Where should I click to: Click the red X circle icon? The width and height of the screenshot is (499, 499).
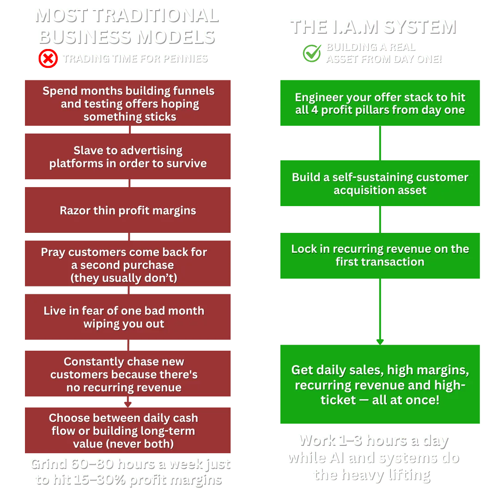pos(48,59)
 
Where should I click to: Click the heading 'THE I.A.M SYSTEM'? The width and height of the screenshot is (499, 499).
pos(372,26)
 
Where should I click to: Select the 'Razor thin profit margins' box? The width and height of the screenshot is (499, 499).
pos(128,211)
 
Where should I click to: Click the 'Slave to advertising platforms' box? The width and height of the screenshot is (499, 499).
pos(128,157)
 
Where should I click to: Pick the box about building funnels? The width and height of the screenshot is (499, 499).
pos(128,103)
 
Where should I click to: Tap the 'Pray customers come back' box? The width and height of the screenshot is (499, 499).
pos(128,265)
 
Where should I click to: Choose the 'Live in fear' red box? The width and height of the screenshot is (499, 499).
pos(128,317)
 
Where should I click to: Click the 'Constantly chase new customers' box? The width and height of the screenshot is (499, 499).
pos(128,374)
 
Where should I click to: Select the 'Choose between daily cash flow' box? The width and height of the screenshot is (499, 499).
pos(128,431)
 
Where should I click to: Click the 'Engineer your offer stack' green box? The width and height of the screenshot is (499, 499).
pos(380,103)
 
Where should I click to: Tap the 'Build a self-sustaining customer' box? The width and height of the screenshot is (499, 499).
pos(380,183)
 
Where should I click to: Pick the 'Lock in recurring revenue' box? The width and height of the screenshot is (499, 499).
pos(380,256)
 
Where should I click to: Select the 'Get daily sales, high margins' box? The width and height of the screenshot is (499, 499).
pos(380,384)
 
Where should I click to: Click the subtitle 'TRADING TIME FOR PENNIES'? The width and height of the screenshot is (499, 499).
pos(135,59)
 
